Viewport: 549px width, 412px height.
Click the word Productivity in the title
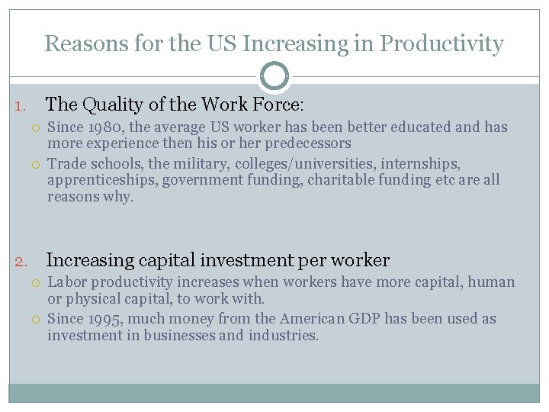441,44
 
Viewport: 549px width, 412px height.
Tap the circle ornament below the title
274,76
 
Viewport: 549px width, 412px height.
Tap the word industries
283,335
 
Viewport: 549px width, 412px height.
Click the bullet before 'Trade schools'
36,164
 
